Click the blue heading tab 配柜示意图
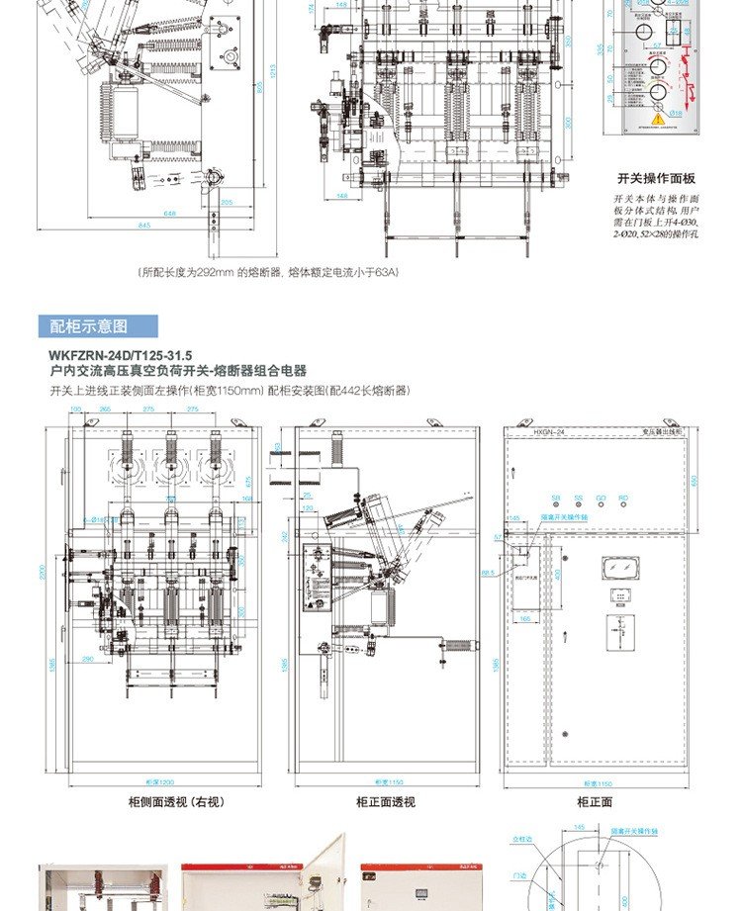pos(103,327)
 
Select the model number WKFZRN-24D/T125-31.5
pos(121,353)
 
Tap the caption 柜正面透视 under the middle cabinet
pos(386,802)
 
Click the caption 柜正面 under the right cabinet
pos(595,802)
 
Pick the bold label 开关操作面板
pos(657,179)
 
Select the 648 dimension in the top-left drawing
pos(170,213)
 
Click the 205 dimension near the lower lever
pos(227,202)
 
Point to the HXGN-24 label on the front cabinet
pos(548,432)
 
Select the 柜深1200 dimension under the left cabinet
pos(145,780)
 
